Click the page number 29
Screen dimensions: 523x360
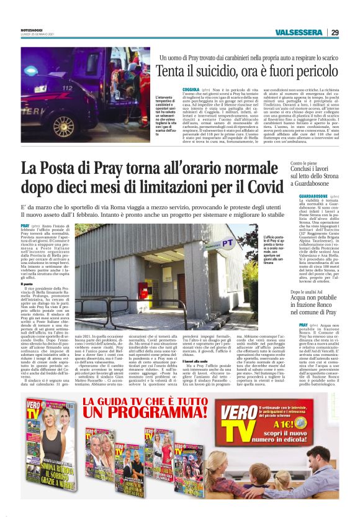pyautogui.click(x=335, y=32)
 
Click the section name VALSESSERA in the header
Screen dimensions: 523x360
pyautogui.click(x=299, y=32)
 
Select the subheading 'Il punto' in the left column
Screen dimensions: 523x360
pyautogui.click(x=27, y=302)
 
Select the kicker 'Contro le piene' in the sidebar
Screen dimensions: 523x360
pyautogui.click(x=304, y=164)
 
